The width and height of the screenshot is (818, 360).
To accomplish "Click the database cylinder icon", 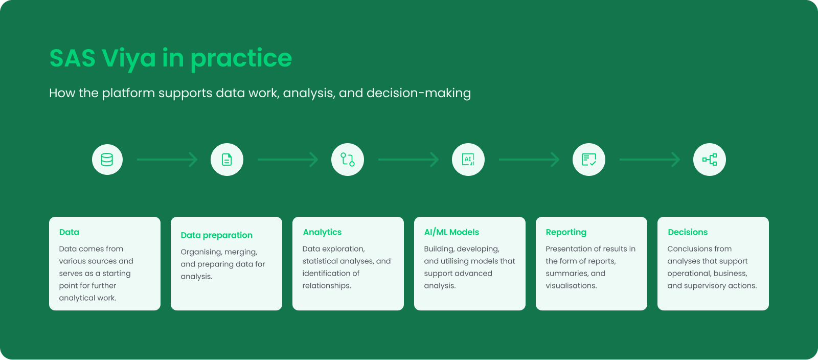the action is (x=107, y=160).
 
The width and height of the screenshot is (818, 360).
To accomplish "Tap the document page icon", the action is (x=227, y=160).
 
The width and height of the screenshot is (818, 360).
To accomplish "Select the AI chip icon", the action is (x=468, y=160).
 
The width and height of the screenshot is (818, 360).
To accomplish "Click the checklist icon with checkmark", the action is (x=588, y=160).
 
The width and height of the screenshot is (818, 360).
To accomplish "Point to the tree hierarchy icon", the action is (x=710, y=160).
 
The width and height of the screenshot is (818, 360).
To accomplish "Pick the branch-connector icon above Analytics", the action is (x=347, y=160).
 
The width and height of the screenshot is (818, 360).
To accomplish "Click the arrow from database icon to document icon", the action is (x=167, y=160).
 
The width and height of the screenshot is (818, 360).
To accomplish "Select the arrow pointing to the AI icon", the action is (x=408, y=160).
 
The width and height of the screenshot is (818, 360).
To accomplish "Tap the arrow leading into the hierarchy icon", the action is (x=650, y=160).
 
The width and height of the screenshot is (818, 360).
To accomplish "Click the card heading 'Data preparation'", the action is (x=217, y=235).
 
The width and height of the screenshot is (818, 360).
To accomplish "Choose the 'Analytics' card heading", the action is (x=322, y=232).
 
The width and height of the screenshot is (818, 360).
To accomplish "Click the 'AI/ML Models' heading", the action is (x=451, y=232).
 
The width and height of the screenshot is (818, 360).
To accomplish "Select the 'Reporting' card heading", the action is (x=566, y=232).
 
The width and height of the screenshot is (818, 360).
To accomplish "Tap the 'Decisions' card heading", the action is (x=688, y=232).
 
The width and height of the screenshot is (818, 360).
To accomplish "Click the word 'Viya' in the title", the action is (x=128, y=58).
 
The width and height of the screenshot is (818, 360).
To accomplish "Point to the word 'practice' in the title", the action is (x=241, y=58).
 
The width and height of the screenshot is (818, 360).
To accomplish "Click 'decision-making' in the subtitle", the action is (x=419, y=93).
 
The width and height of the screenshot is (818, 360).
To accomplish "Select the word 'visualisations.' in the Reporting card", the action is (x=571, y=285).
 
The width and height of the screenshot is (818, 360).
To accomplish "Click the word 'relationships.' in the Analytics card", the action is (x=327, y=286).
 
